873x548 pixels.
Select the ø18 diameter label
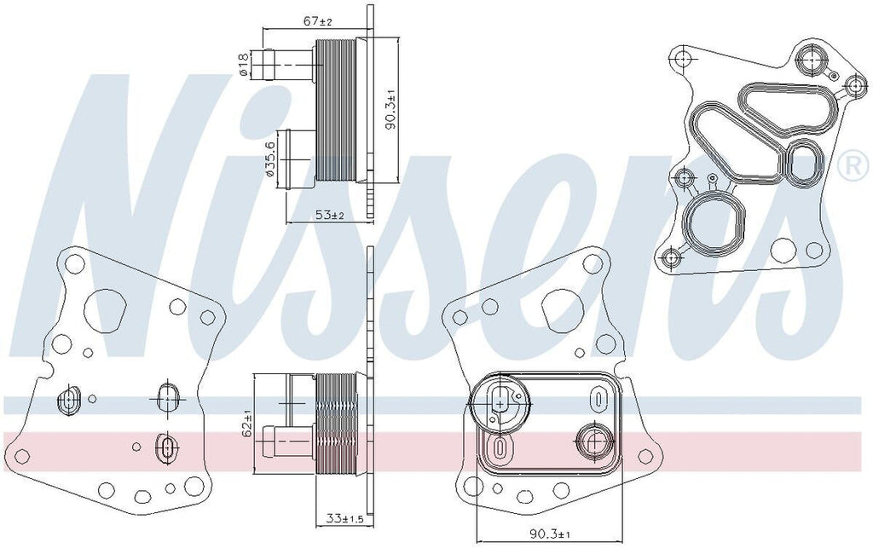click(245, 66)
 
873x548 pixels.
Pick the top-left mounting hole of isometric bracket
click(681, 58)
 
